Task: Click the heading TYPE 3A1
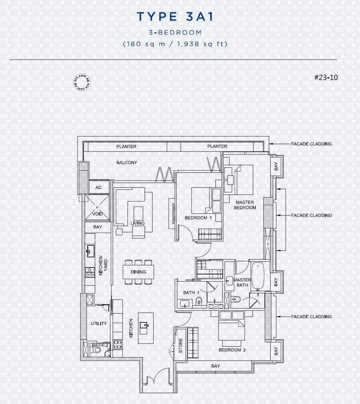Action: point(175,17)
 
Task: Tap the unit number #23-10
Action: point(326,78)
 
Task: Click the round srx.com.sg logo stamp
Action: point(82,82)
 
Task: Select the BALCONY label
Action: point(127,163)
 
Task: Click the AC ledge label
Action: point(99,187)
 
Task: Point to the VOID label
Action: point(98,214)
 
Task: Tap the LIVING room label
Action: point(138,223)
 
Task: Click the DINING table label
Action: point(138,272)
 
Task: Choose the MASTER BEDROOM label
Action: point(245,205)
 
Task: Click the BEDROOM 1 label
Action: point(198,218)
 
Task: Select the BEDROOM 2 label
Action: point(232,350)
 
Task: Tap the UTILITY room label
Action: point(99,324)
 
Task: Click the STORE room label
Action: point(180,345)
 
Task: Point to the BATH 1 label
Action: point(191,293)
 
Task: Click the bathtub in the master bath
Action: point(258,275)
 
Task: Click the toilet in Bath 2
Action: point(96,350)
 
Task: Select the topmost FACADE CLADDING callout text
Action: point(311,144)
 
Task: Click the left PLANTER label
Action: point(126,147)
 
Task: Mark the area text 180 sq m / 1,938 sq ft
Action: point(175,44)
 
